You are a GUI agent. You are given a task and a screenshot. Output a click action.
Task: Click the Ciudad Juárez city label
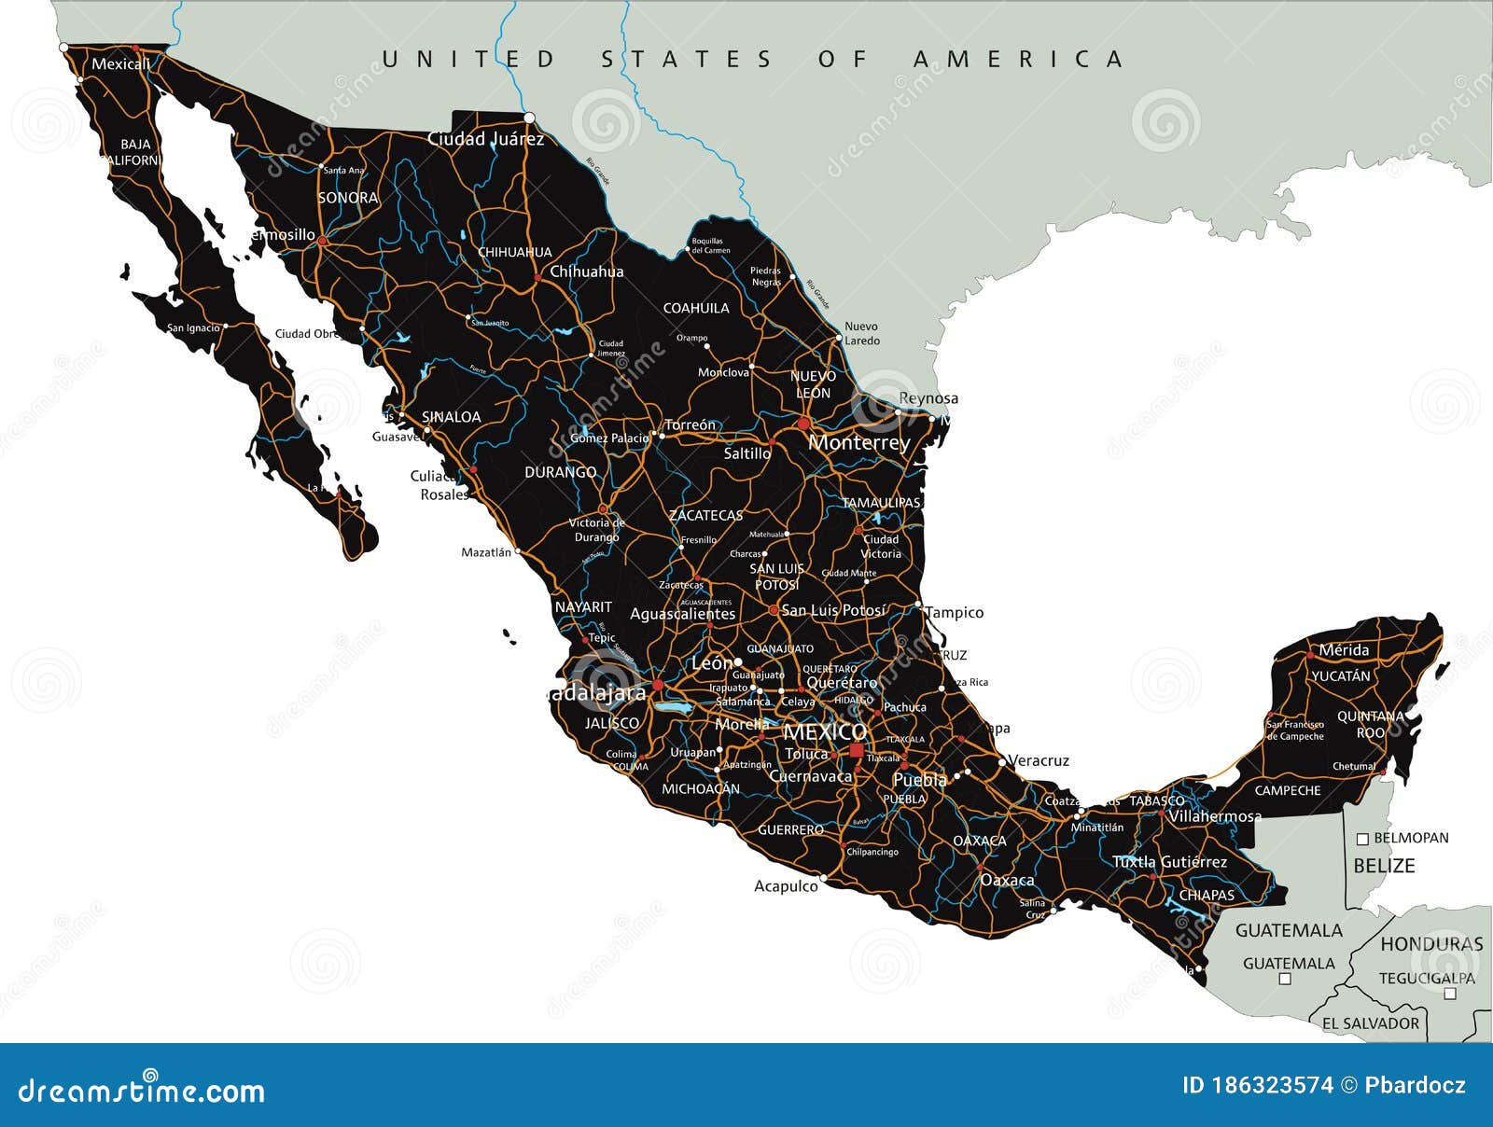pos(485,139)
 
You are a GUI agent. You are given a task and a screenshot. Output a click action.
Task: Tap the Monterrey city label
pos(858,442)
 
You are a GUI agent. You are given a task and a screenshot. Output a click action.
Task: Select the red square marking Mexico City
pos(857,750)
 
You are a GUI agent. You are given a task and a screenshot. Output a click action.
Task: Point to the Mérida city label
pos(1344,650)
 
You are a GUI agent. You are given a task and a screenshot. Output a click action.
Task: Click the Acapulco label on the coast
pos(786,886)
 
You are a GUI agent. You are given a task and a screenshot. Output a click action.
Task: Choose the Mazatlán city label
pos(486,552)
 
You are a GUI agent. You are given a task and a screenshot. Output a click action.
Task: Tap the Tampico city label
pos(955,613)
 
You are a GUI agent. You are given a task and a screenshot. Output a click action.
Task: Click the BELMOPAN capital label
pos(1411,838)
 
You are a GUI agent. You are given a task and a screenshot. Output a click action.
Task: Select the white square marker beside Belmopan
pos(1362,839)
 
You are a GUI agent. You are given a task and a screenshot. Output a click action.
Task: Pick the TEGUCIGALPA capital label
pos(1427,979)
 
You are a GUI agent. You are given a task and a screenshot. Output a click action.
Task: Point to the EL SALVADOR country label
pos(1370,1023)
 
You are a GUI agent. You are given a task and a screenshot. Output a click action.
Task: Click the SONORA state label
pos(348,198)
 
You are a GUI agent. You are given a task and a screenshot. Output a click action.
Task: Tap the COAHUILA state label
pos(696,308)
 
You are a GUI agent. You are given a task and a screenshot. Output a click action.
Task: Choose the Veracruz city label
pos(1039,761)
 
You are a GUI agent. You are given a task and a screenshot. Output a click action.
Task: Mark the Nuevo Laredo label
pos(861,334)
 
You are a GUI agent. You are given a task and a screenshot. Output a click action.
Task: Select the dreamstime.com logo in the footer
pos(142,1090)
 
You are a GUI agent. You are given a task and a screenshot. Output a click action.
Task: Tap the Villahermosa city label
pos(1214,816)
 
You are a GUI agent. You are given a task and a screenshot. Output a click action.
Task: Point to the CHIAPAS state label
pos(1207,896)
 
